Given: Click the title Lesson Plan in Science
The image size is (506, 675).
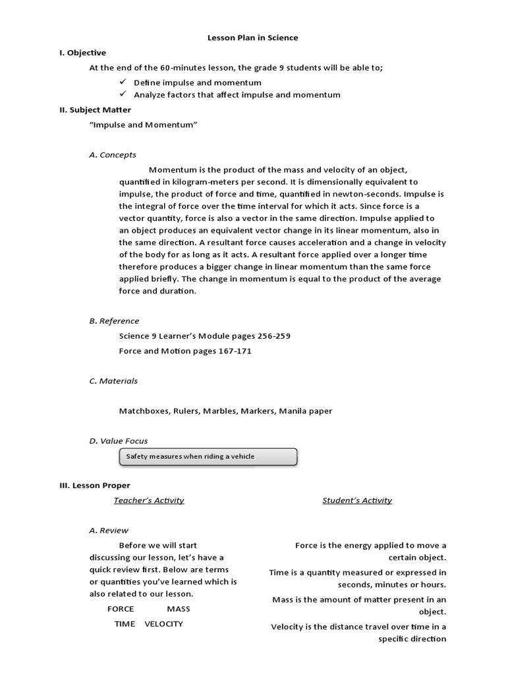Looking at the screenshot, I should (x=253, y=38).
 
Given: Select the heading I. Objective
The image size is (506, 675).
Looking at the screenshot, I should (x=82, y=53).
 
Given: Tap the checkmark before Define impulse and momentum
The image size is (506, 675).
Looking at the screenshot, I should (x=123, y=82).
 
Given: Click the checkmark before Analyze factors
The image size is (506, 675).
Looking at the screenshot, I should (x=123, y=94).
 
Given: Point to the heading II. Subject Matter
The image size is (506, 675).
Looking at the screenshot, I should (x=95, y=110).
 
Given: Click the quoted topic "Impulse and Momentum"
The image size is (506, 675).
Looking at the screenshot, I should (x=143, y=125).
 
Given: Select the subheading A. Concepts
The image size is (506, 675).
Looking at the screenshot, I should (x=113, y=155).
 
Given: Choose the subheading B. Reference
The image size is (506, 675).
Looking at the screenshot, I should (x=114, y=321).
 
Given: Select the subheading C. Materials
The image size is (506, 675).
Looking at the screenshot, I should (x=113, y=381).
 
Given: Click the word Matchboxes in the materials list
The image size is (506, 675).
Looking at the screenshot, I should (x=144, y=411).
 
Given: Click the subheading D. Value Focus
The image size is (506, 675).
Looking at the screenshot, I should (x=119, y=440).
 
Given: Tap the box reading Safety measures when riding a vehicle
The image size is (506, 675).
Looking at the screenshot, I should (x=208, y=456).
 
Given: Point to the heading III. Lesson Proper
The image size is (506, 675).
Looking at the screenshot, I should (x=95, y=485).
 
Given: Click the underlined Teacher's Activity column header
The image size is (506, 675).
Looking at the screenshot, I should (x=149, y=500).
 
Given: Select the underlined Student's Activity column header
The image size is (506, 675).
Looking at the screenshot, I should (x=357, y=500).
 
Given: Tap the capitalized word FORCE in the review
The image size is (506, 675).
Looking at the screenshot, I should (x=121, y=608).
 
